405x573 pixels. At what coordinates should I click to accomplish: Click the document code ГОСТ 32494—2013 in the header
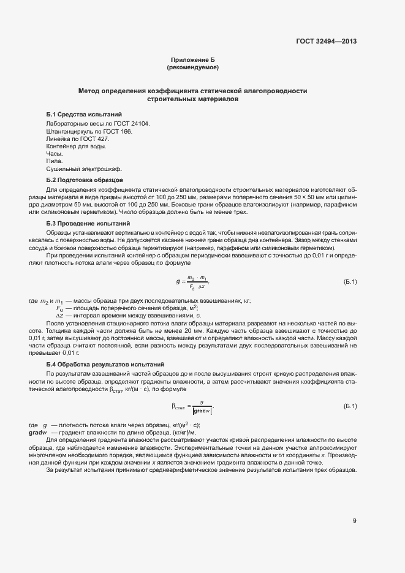pyautogui.click(x=325, y=42)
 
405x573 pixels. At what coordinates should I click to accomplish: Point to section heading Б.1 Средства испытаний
pyautogui.click(x=84, y=115)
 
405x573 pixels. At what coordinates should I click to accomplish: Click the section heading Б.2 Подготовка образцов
pyautogui.click(x=85, y=180)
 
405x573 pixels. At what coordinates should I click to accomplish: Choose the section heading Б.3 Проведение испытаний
pyautogui.click(x=88, y=224)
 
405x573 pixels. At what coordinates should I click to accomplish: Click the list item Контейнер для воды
pyautogui.click(x=76, y=146)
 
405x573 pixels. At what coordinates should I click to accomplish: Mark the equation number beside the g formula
pyautogui.click(x=350, y=282)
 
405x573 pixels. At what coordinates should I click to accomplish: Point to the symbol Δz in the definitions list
pyautogui.click(x=60, y=315)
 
